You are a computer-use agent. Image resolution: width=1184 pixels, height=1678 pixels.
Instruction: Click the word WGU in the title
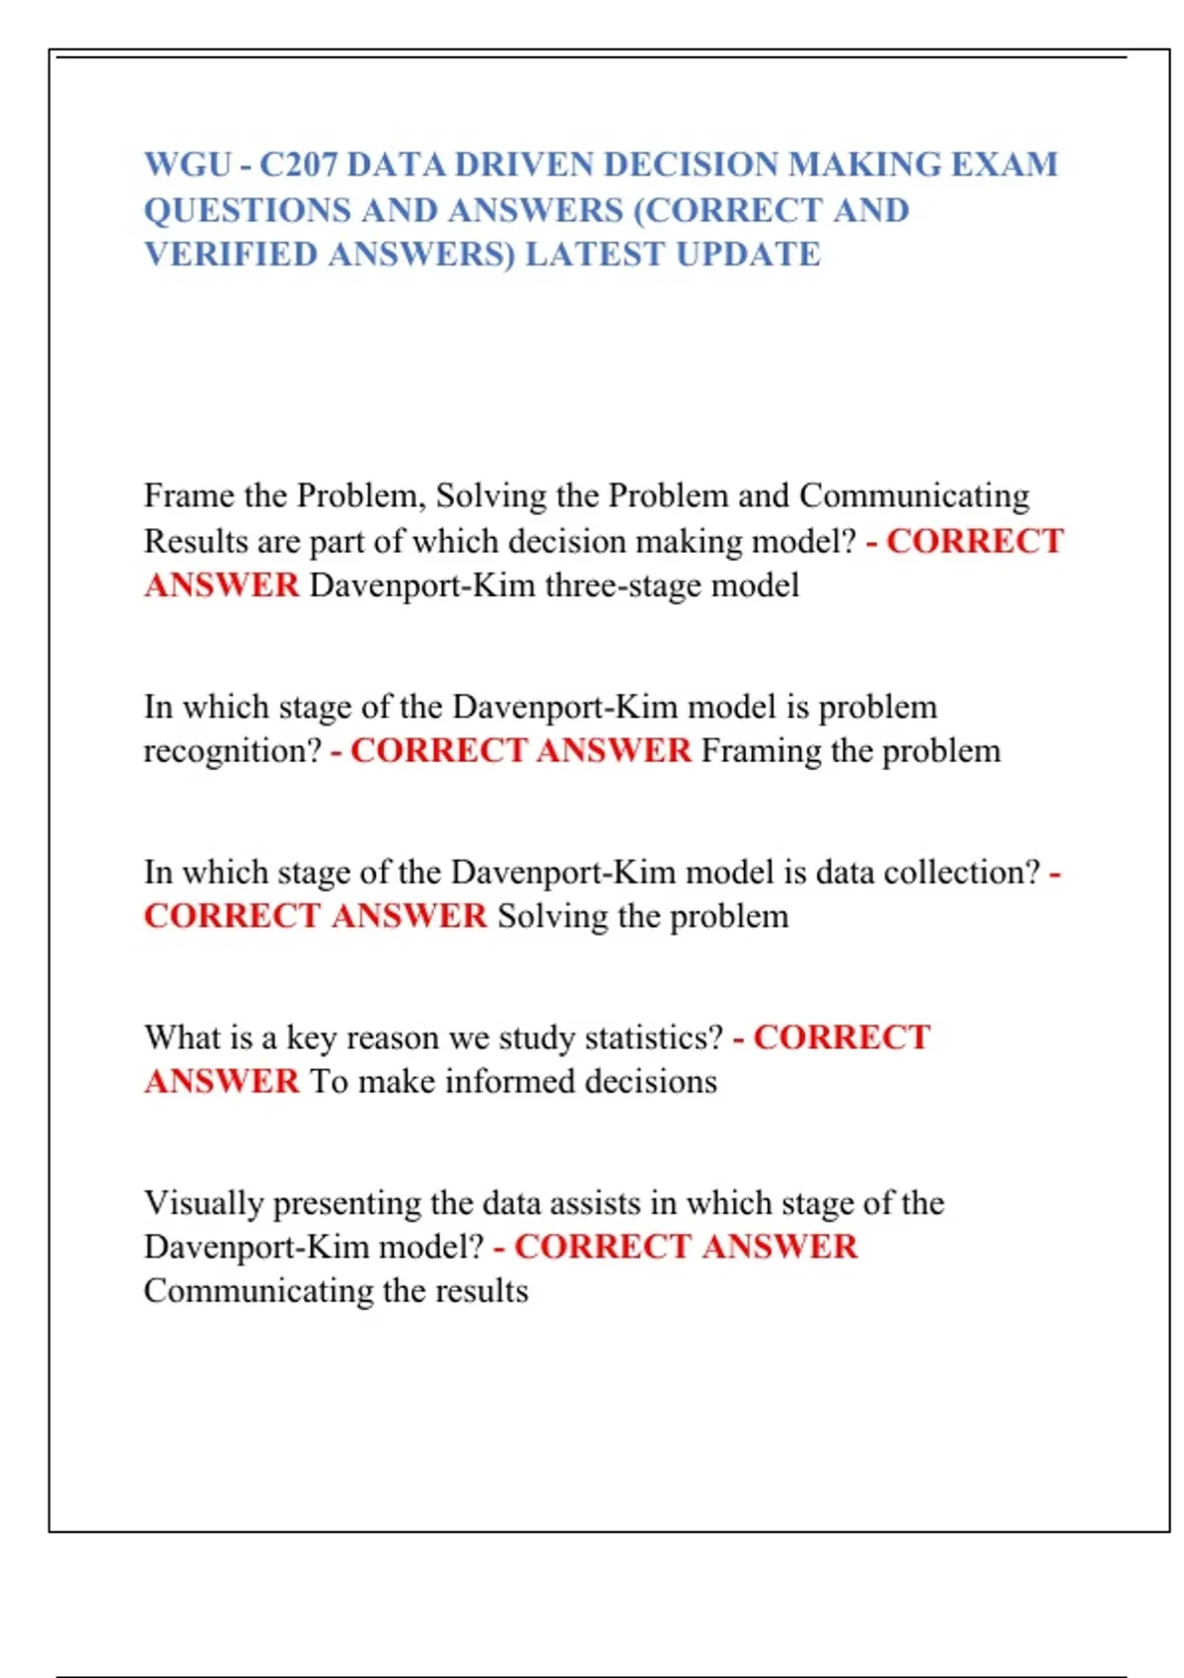187,164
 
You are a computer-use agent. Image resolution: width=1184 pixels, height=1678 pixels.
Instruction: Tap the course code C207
298,164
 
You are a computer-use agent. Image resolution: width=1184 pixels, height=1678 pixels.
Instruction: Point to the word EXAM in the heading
1003,164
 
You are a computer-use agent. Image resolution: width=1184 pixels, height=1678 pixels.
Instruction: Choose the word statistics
654,1038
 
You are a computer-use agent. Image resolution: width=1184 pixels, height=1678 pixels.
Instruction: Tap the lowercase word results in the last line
480,1291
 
